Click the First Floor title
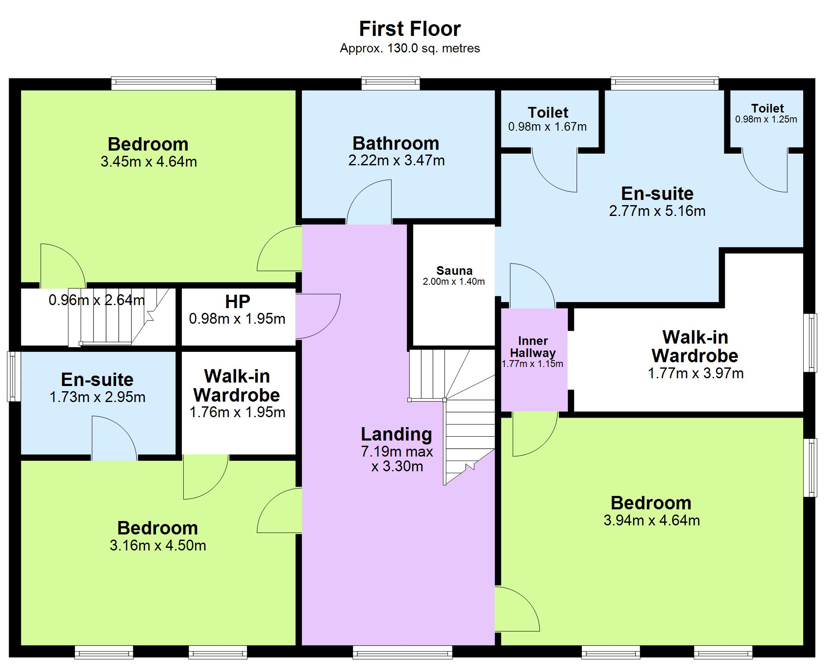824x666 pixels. click(409, 29)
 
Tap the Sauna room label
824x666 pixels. click(454, 271)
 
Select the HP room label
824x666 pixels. click(237, 302)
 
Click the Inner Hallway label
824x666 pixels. click(532, 347)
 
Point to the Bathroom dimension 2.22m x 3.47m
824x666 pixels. click(396, 161)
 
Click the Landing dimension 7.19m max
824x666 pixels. click(397, 452)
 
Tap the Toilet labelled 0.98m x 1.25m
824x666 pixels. click(767, 108)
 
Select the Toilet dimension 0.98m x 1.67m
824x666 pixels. click(548, 127)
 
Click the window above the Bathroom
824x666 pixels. click(391, 83)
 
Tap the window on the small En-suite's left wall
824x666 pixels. click(14, 376)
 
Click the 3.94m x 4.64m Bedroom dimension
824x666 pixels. click(652, 520)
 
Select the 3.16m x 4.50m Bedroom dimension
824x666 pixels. click(158, 545)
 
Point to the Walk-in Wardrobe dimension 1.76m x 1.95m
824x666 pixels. click(237, 412)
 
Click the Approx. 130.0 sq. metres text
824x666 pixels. click(410, 48)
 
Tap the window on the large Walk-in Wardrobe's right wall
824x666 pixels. click(810, 343)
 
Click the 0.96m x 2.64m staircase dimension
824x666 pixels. click(97, 300)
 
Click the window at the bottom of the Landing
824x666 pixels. click(402, 652)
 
